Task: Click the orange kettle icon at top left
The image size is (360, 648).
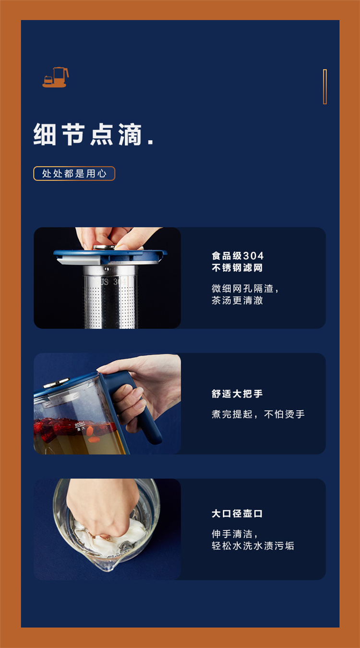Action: coord(56,77)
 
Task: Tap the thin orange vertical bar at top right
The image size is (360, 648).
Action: coord(324,86)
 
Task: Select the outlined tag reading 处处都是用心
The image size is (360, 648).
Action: coord(74,174)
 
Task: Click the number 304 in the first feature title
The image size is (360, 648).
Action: coord(253,256)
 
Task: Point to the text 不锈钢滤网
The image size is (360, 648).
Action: coord(237,267)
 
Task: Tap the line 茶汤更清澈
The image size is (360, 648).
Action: coord(237,300)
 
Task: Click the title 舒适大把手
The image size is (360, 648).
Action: coord(237,394)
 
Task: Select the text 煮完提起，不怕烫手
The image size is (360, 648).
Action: coord(258,414)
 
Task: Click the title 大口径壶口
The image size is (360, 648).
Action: coord(237,514)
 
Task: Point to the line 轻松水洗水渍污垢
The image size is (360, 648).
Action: coord(253,546)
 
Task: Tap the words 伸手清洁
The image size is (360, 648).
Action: coord(232,534)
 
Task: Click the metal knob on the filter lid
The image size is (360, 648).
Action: coord(104,247)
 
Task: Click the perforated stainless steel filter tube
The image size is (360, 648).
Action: coord(109,298)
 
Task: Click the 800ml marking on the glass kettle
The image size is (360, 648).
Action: coord(80,424)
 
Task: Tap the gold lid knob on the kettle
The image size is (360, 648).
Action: coord(56,383)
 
